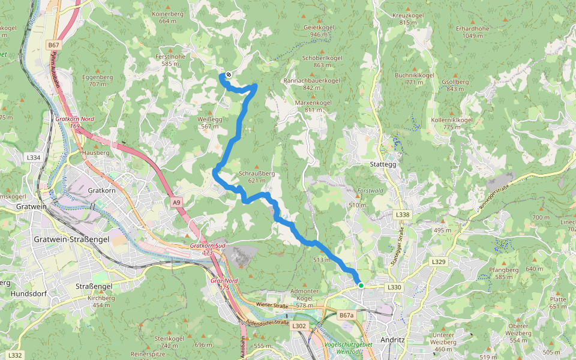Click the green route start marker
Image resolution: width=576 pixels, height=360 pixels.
(x=361, y=286)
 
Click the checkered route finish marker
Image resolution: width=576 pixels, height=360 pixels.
(x=229, y=75)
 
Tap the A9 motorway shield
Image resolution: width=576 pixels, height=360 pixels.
(x=176, y=203)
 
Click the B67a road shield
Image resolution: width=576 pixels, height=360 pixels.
(x=347, y=314)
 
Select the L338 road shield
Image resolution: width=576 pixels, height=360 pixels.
(x=403, y=214)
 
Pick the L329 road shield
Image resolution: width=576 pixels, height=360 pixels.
(x=439, y=262)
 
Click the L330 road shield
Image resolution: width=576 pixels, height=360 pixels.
(x=394, y=287)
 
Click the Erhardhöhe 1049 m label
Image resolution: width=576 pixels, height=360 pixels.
(x=473, y=32)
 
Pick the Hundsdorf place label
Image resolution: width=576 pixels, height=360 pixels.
(x=29, y=294)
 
